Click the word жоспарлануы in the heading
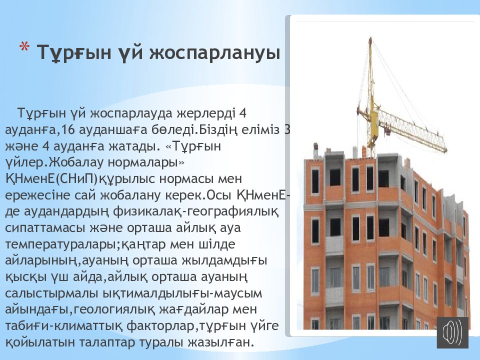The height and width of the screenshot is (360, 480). (x=215, y=52)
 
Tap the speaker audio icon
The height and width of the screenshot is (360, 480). (x=452, y=332)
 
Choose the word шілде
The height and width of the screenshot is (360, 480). (x=216, y=244)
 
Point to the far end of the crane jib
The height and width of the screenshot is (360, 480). (x=445, y=150)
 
